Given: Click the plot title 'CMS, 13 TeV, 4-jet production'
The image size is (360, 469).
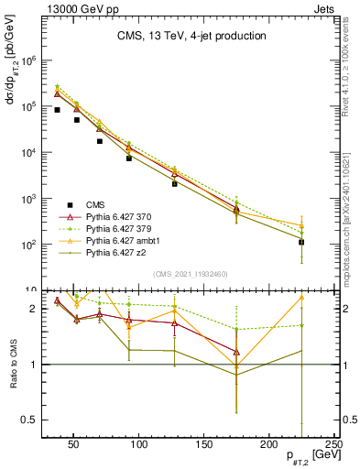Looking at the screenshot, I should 191,37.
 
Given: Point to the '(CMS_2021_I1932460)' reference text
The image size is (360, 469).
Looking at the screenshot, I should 191,273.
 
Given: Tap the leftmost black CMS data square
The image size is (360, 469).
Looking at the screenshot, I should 57,110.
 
